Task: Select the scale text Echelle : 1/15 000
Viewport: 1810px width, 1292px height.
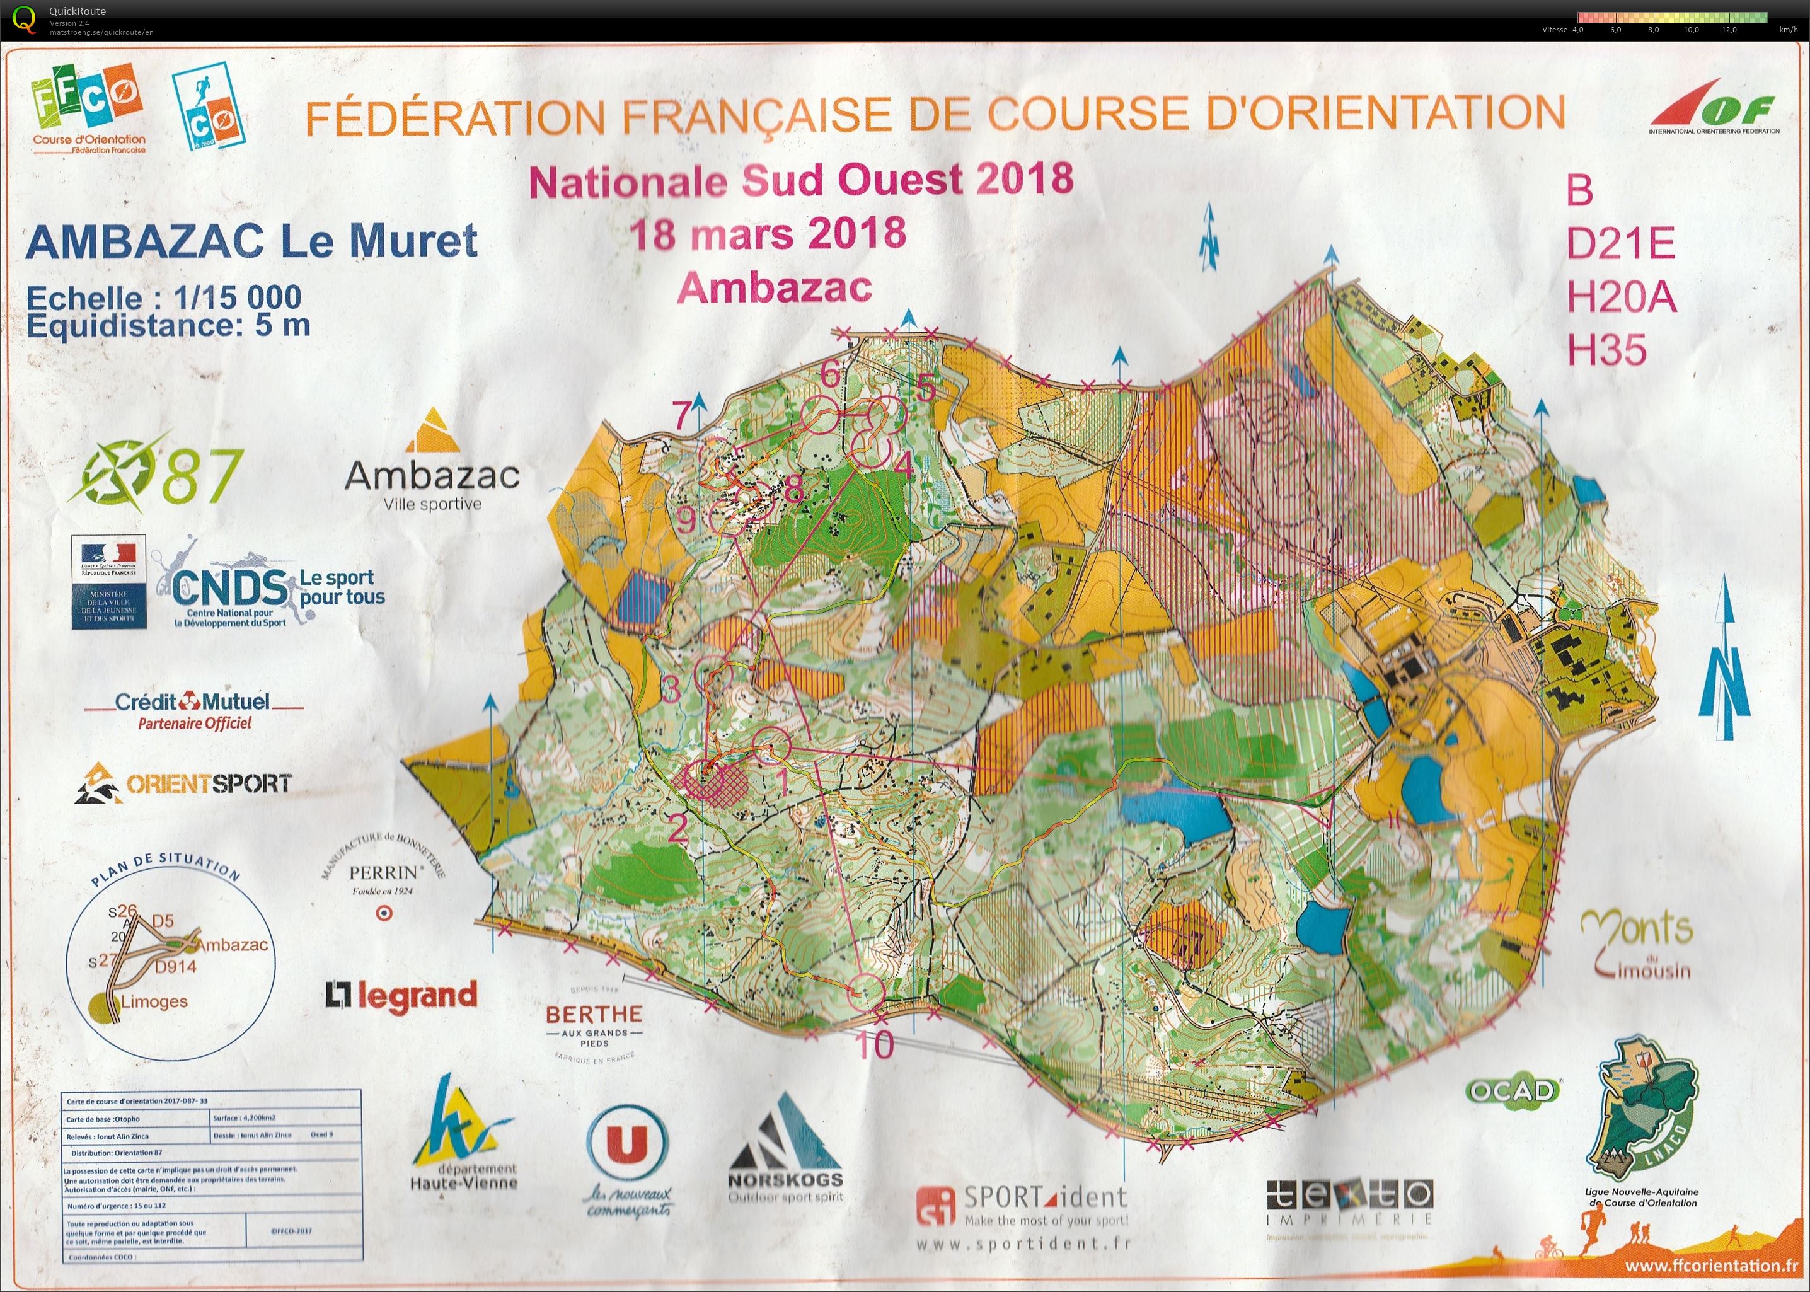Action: pyautogui.click(x=164, y=298)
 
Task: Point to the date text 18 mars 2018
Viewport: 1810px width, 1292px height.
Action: pyautogui.click(x=768, y=233)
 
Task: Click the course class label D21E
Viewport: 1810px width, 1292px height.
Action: pyautogui.click(x=1621, y=243)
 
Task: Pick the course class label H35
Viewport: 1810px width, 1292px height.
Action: pyautogui.click(x=1606, y=350)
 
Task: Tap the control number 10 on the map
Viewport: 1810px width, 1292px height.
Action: pyautogui.click(x=875, y=1044)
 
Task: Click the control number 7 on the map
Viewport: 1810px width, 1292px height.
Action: pyautogui.click(x=682, y=415)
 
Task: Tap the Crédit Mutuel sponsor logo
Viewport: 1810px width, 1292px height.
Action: pyautogui.click(x=193, y=708)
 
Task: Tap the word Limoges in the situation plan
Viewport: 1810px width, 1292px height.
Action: pyautogui.click(x=154, y=1001)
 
